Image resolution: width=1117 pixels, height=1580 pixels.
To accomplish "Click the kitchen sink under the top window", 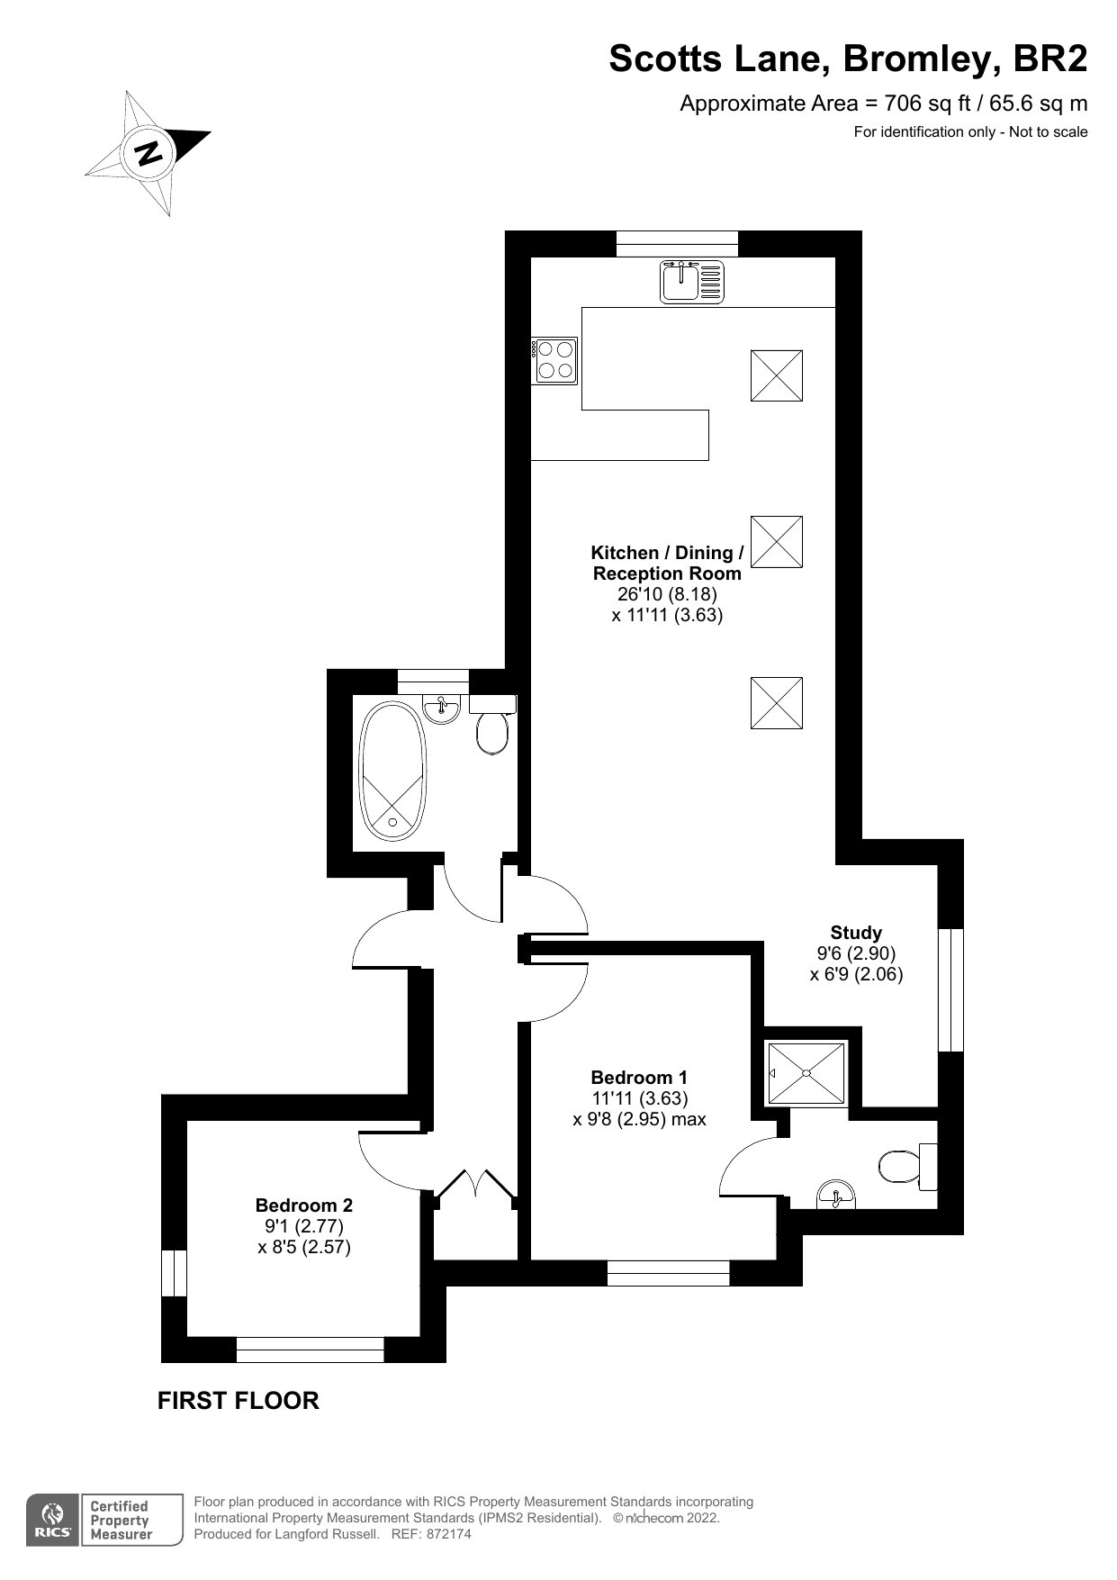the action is tap(692, 282).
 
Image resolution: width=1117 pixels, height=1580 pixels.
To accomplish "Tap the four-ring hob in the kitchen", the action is tap(554, 360).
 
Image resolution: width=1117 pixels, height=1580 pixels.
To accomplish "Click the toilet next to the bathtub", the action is tap(492, 724).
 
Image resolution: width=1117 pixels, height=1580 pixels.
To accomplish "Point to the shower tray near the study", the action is tap(806, 1073).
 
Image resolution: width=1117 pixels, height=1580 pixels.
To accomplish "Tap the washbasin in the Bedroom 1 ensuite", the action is tap(837, 1195).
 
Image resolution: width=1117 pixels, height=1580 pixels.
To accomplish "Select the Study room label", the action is tap(856, 933).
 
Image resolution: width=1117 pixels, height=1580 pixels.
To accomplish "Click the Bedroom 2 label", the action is tap(304, 1205).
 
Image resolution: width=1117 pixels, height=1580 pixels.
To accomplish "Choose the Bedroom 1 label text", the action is tap(639, 1078).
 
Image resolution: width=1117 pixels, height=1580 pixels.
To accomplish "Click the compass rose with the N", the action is tap(149, 152).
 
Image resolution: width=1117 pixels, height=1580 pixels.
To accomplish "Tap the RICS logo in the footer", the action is tap(51, 1521).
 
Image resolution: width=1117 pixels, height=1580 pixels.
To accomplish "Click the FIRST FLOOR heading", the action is tap(239, 1401).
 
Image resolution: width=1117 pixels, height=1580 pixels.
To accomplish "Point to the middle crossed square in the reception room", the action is tap(777, 542).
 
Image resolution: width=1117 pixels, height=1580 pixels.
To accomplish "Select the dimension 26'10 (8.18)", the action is tap(667, 594).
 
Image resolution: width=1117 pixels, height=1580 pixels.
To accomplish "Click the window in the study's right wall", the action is tap(950, 989).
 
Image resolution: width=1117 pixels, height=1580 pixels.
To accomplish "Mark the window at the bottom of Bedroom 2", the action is tap(311, 1350).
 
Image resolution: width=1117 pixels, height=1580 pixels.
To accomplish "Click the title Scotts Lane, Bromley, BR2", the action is tap(848, 59).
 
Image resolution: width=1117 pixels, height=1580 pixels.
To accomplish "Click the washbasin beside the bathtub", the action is tap(441, 708).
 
